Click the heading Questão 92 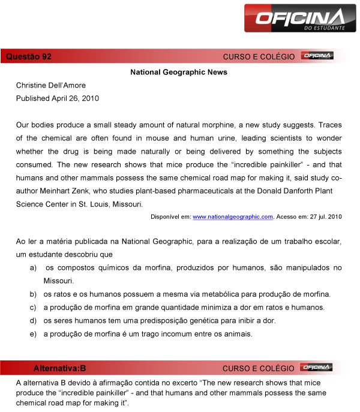(28, 56)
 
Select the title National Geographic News (179, 72)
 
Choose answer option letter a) (33, 267)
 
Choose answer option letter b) (33, 294)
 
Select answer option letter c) (33, 308)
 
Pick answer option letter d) (33, 321)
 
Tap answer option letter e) (33, 334)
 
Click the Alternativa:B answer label (59, 368)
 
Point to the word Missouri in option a (59, 281)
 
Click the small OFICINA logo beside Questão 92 (317, 56)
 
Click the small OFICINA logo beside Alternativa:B (317, 367)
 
